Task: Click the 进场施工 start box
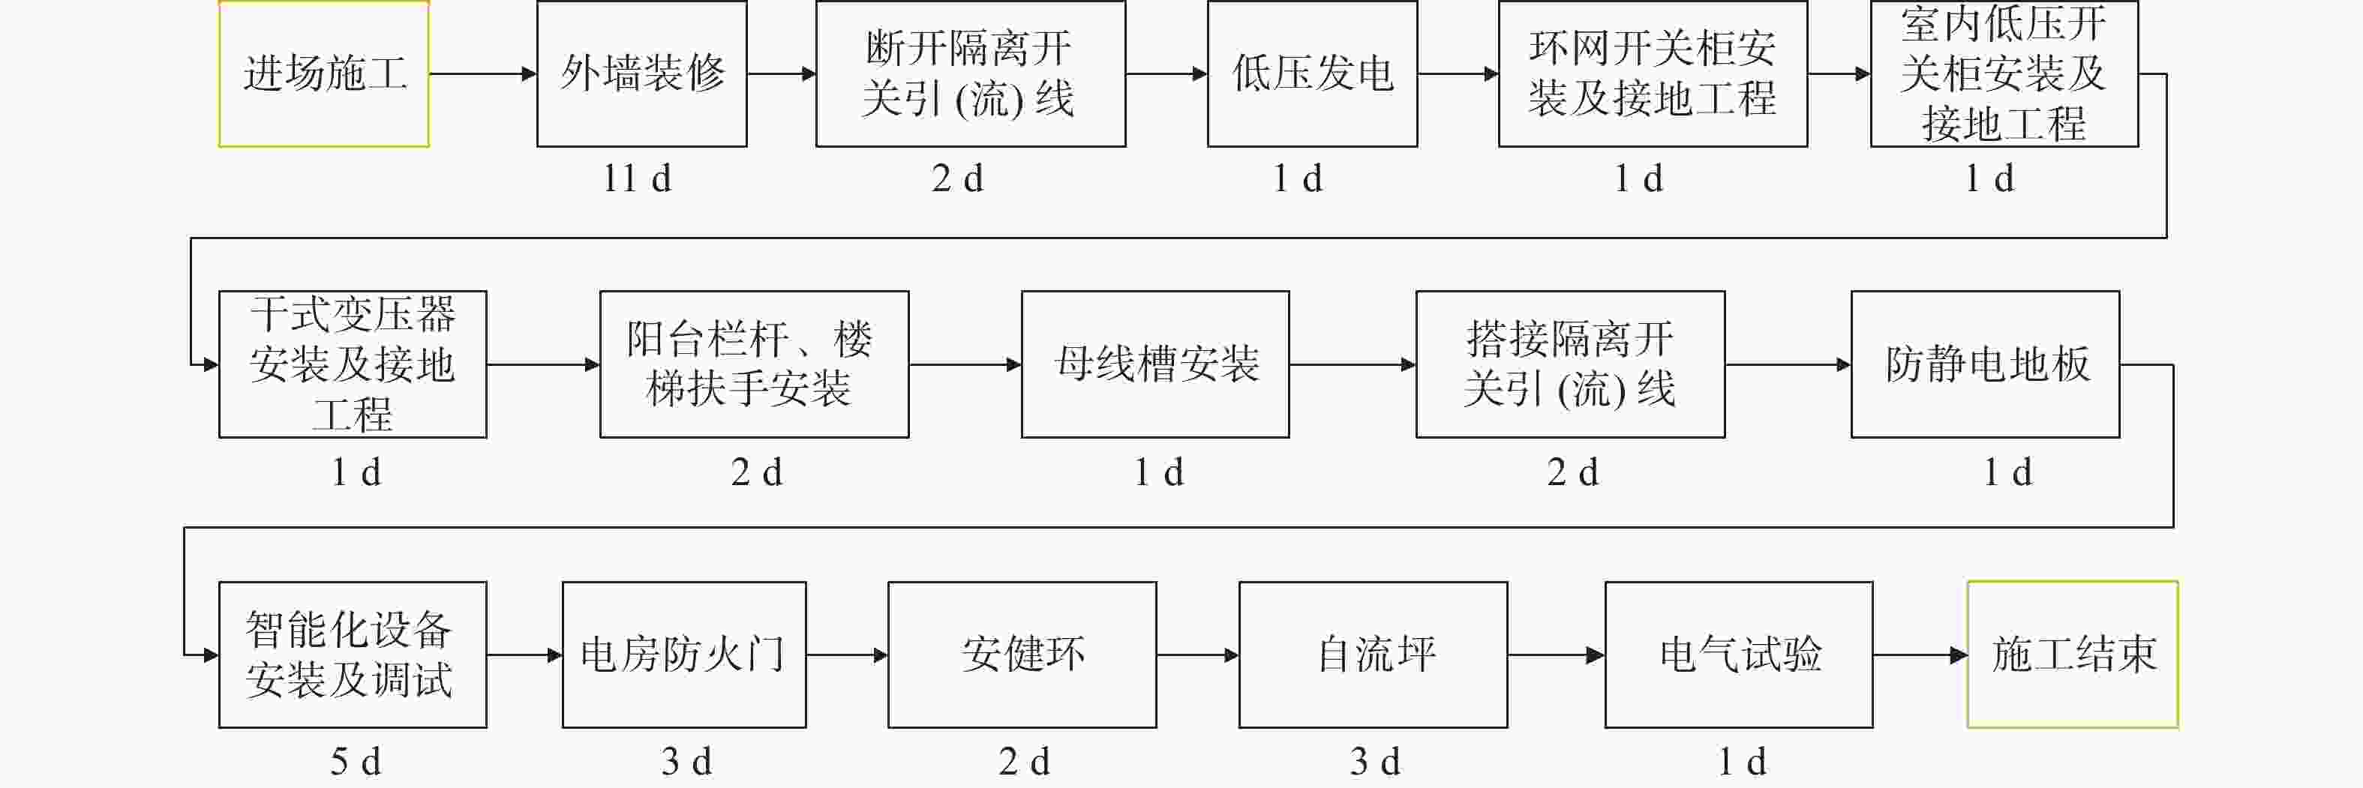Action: pyautogui.click(x=324, y=73)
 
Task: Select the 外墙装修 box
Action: pyautogui.click(x=642, y=73)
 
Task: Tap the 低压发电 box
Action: pyautogui.click(x=1313, y=73)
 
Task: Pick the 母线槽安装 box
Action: pyautogui.click(x=1156, y=364)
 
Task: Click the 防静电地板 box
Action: pyautogui.click(x=1986, y=364)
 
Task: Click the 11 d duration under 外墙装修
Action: pyautogui.click(x=638, y=178)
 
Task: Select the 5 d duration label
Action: pyautogui.click(x=355, y=762)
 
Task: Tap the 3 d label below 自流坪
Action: pyautogui.click(x=1375, y=762)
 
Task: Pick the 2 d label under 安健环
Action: pyautogui.click(x=1025, y=762)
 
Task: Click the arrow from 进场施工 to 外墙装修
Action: pyautogui.click(x=482, y=73)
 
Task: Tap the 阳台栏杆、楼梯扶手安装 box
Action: pyautogui.click(x=755, y=364)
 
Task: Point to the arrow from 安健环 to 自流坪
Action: pyautogui.click(x=1198, y=655)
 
